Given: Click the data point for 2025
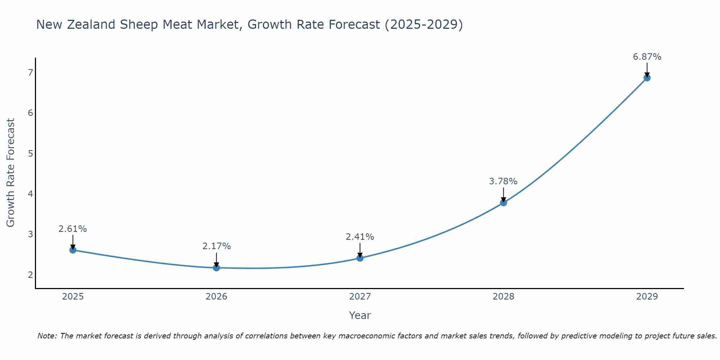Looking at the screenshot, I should [73, 250].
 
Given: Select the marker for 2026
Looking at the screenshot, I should [216, 268].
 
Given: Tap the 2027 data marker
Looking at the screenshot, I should [360, 258].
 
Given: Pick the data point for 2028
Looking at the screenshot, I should [503, 203].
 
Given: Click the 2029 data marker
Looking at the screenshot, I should [647, 78].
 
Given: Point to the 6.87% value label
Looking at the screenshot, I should [647, 57].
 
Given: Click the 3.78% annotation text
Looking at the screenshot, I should [503, 181].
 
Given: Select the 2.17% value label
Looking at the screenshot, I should [216, 246].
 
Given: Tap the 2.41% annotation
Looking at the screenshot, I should [360, 237].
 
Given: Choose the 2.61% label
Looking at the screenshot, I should [73, 229].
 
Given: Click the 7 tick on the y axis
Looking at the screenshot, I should [30, 73].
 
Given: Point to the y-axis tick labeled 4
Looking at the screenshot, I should [30, 194].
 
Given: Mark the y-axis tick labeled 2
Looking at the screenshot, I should [30, 275].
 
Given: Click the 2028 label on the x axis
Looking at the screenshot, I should [503, 297].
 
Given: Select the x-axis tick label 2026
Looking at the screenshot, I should [216, 297].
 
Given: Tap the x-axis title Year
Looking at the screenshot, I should [360, 315].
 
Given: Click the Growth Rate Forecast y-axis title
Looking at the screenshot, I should [11, 173].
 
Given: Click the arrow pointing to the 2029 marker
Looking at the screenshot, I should [647, 69].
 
